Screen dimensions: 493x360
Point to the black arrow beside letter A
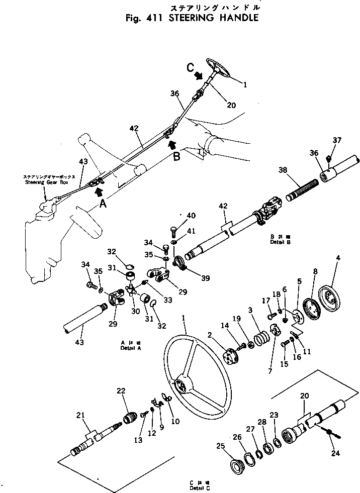pyautogui.click(x=98, y=191)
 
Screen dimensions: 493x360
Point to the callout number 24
pyautogui.click(x=336, y=453)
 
